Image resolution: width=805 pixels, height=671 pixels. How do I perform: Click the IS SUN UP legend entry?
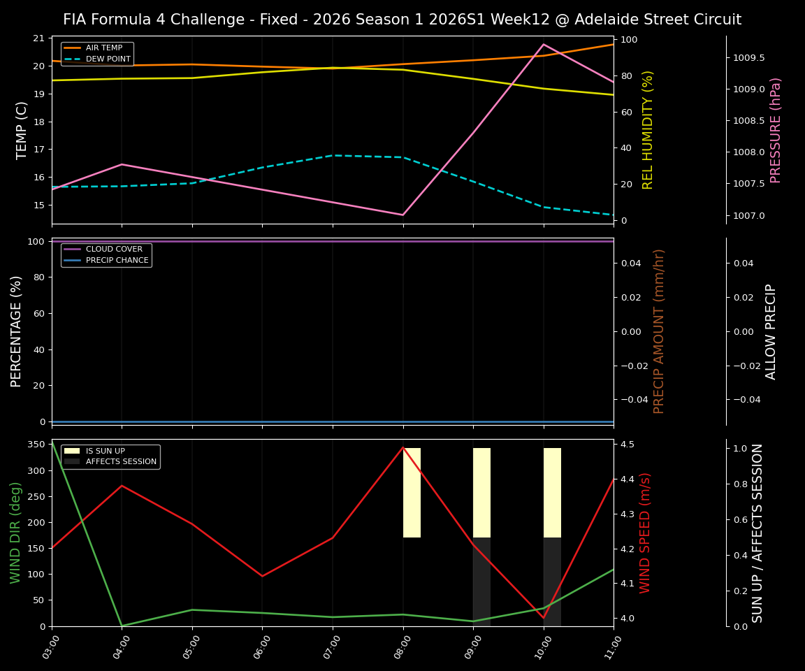click(x=106, y=451)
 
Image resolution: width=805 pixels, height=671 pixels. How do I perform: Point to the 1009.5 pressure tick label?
click(x=748, y=58)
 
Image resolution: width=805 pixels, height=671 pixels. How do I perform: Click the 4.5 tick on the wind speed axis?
click(x=627, y=445)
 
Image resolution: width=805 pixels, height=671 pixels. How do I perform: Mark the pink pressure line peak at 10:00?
click(x=544, y=44)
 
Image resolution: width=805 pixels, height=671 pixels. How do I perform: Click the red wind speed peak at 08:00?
click(x=403, y=447)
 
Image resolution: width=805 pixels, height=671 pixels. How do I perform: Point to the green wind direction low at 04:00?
click(x=122, y=626)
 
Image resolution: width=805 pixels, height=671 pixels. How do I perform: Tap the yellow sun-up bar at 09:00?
click(x=481, y=492)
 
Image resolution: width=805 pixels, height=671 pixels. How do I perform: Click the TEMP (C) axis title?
click(x=22, y=130)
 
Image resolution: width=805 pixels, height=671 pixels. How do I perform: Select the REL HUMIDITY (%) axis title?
click(x=648, y=130)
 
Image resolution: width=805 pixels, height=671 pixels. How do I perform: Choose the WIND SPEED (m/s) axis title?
click(x=645, y=533)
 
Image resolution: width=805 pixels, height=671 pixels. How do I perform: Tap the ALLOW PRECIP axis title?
click(x=771, y=331)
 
